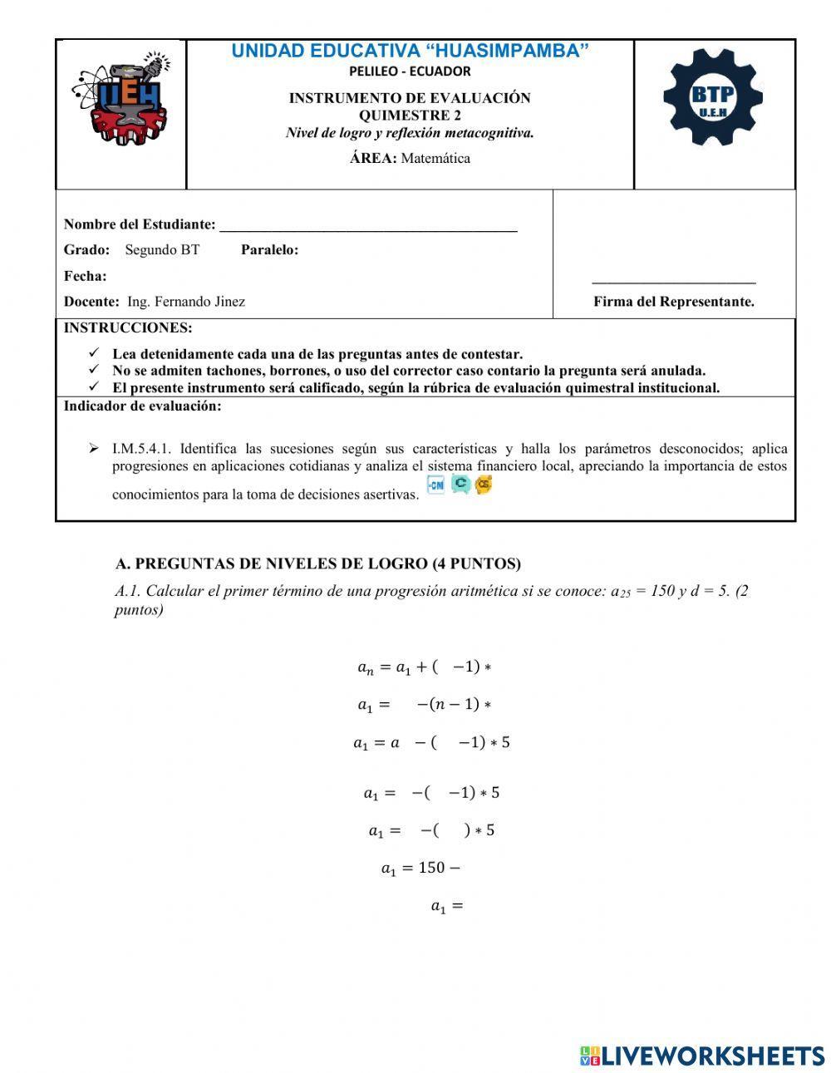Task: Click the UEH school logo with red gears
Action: (122, 98)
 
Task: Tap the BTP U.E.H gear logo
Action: (713, 98)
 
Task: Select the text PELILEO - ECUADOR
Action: (410, 71)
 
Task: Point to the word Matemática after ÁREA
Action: (435, 159)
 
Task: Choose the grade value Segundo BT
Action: (162, 250)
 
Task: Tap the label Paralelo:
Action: (269, 250)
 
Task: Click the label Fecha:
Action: (85, 276)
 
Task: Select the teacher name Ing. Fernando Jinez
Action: (186, 302)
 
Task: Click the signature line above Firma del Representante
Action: (673, 283)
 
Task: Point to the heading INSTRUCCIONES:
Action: (128, 328)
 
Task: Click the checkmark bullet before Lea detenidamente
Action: (94, 353)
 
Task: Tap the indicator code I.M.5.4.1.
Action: (141, 449)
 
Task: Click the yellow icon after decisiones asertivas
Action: (484, 485)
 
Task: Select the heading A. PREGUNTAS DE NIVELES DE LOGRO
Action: (318, 564)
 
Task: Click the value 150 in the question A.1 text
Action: (661, 592)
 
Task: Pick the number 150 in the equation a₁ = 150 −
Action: (431, 868)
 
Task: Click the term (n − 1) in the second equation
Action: (455, 704)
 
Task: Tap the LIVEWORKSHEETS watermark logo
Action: (702, 1056)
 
